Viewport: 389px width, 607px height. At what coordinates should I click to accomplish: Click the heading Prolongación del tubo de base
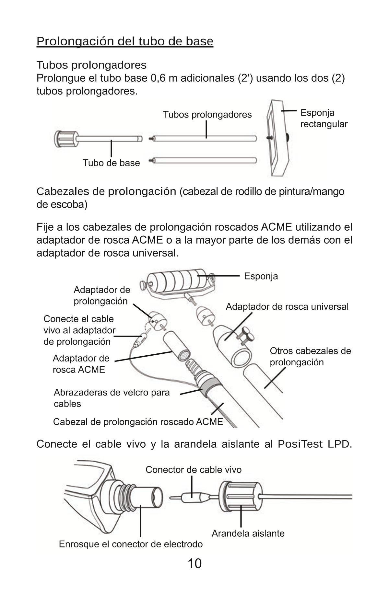(125, 41)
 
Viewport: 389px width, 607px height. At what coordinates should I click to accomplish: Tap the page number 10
(194, 564)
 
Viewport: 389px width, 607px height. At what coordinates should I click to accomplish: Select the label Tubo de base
(111, 163)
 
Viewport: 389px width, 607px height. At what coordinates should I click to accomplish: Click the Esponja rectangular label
(324, 118)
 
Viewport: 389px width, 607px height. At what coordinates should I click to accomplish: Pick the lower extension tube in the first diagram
(204, 160)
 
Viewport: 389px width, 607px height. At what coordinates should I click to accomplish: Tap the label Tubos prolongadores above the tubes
(207, 114)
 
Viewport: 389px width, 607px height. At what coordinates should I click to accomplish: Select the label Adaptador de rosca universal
(287, 306)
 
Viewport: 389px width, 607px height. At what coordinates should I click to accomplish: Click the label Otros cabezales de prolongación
(310, 356)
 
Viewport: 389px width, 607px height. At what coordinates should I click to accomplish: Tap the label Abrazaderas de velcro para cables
(112, 398)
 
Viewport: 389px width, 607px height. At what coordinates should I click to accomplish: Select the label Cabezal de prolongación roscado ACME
(138, 422)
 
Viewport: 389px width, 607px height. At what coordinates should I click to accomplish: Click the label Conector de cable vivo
(193, 470)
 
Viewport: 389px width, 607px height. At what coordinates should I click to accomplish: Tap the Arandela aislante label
(248, 533)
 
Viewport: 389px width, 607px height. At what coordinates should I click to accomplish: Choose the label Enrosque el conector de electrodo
(131, 544)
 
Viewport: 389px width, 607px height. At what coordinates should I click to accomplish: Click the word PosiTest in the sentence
(300, 444)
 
